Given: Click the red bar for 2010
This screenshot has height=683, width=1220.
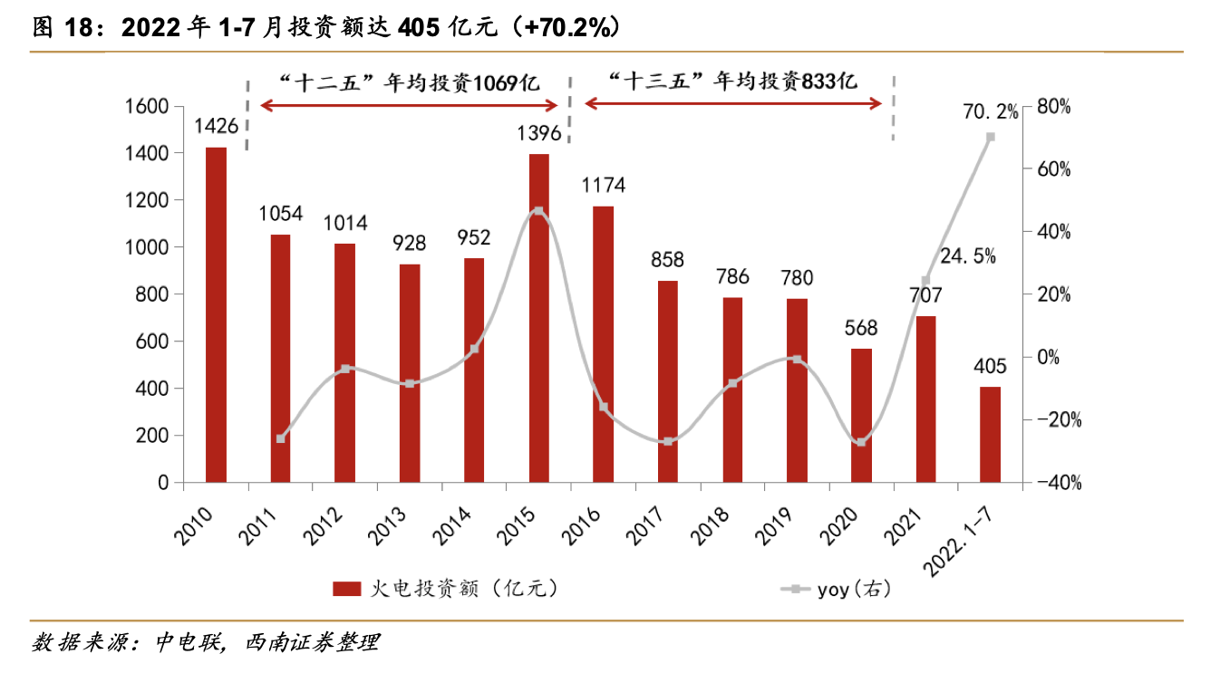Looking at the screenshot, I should (216, 314).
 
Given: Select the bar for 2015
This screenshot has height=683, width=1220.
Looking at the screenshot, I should (539, 318).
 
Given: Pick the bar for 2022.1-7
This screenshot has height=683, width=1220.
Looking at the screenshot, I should (991, 434).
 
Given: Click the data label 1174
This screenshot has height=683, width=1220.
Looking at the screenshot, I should (603, 186).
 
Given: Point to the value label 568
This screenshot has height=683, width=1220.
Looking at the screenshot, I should (862, 328).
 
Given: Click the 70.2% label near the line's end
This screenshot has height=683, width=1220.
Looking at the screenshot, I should (990, 112).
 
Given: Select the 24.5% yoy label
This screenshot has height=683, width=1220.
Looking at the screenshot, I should (968, 256).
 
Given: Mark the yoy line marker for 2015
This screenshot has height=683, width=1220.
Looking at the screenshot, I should (538, 211).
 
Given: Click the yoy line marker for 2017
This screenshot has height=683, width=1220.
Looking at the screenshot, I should (668, 441).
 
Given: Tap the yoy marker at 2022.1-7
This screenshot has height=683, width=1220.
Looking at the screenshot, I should (991, 137).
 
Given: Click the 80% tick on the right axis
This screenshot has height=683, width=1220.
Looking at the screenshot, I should (1053, 107).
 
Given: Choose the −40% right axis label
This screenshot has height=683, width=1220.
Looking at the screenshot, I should (1058, 483).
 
